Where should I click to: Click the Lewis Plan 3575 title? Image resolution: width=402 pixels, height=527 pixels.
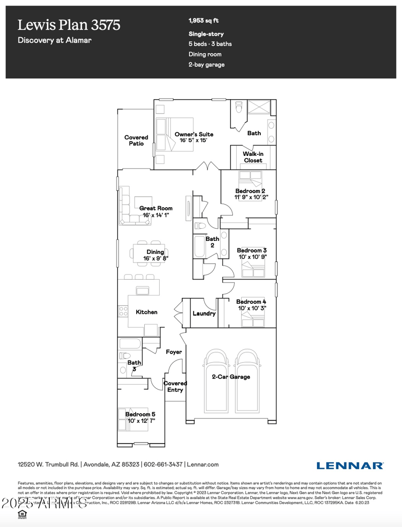pyautogui.click(x=69, y=25)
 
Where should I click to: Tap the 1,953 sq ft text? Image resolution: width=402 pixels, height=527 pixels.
pyautogui.click(x=204, y=21)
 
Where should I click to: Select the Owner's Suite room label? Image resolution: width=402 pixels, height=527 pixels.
pyautogui.click(x=194, y=134)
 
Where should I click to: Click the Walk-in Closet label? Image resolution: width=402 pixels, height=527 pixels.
pyautogui.click(x=253, y=157)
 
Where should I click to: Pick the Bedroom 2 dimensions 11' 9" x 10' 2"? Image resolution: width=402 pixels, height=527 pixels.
pyautogui.click(x=256, y=198)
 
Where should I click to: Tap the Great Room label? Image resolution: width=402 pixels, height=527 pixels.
pyautogui.click(x=156, y=208)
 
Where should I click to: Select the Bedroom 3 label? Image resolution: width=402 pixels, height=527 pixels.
pyautogui.click(x=252, y=250)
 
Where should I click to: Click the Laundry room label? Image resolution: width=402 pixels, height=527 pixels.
pyautogui.click(x=205, y=313)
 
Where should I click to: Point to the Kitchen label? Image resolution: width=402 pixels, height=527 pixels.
pyautogui.click(x=147, y=312)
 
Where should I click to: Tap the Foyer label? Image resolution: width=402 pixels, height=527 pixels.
pyautogui.click(x=174, y=352)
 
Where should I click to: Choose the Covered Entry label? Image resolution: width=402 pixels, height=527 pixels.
pyautogui.click(x=175, y=386)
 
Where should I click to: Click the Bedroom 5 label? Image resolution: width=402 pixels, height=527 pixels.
pyautogui.click(x=140, y=414)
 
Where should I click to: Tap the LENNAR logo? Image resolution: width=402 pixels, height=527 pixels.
pyautogui.click(x=350, y=465)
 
